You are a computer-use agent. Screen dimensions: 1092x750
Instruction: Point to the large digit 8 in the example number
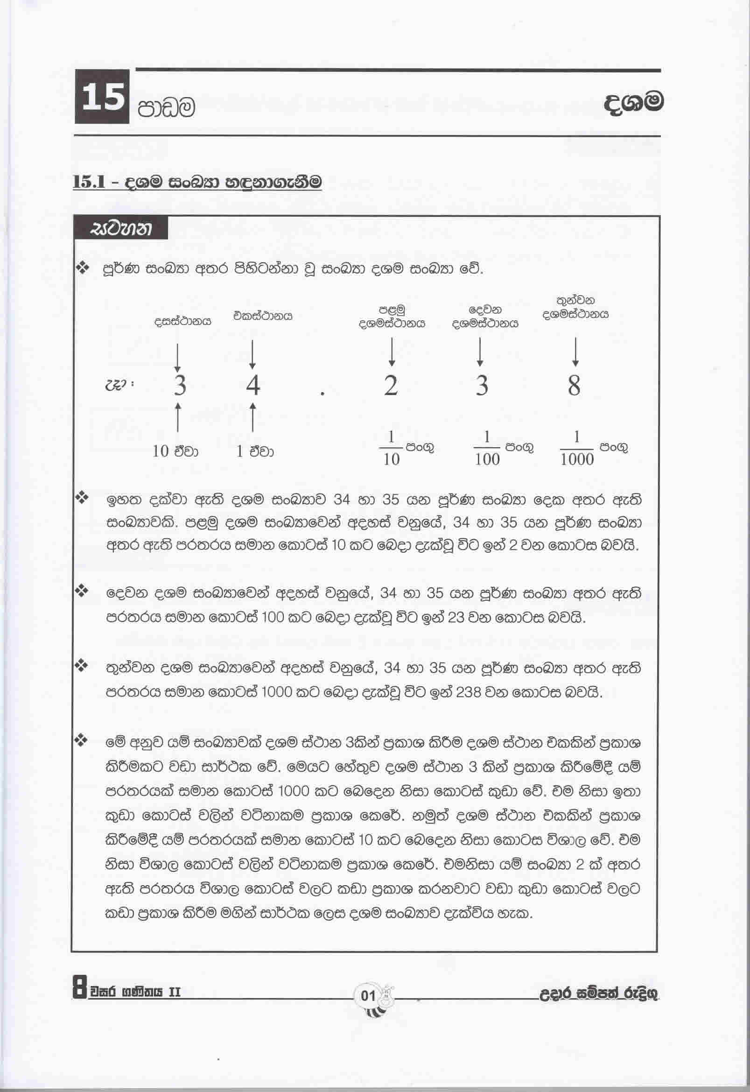(x=574, y=386)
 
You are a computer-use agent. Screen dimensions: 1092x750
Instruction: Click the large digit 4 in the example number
(x=253, y=386)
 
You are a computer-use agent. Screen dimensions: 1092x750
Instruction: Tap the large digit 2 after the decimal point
(x=391, y=386)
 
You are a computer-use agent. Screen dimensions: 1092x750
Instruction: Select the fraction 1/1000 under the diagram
(x=577, y=449)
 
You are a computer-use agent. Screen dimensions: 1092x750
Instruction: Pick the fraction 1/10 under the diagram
(x=391, y=449)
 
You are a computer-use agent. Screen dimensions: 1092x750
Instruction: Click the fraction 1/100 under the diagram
(x=486, y=449)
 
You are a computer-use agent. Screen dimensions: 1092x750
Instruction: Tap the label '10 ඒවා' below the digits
(x=175, y=451)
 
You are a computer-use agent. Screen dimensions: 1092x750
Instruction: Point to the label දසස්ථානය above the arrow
(x=183, y=322)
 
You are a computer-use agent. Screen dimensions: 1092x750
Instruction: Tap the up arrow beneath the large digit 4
(x=253, y=416)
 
